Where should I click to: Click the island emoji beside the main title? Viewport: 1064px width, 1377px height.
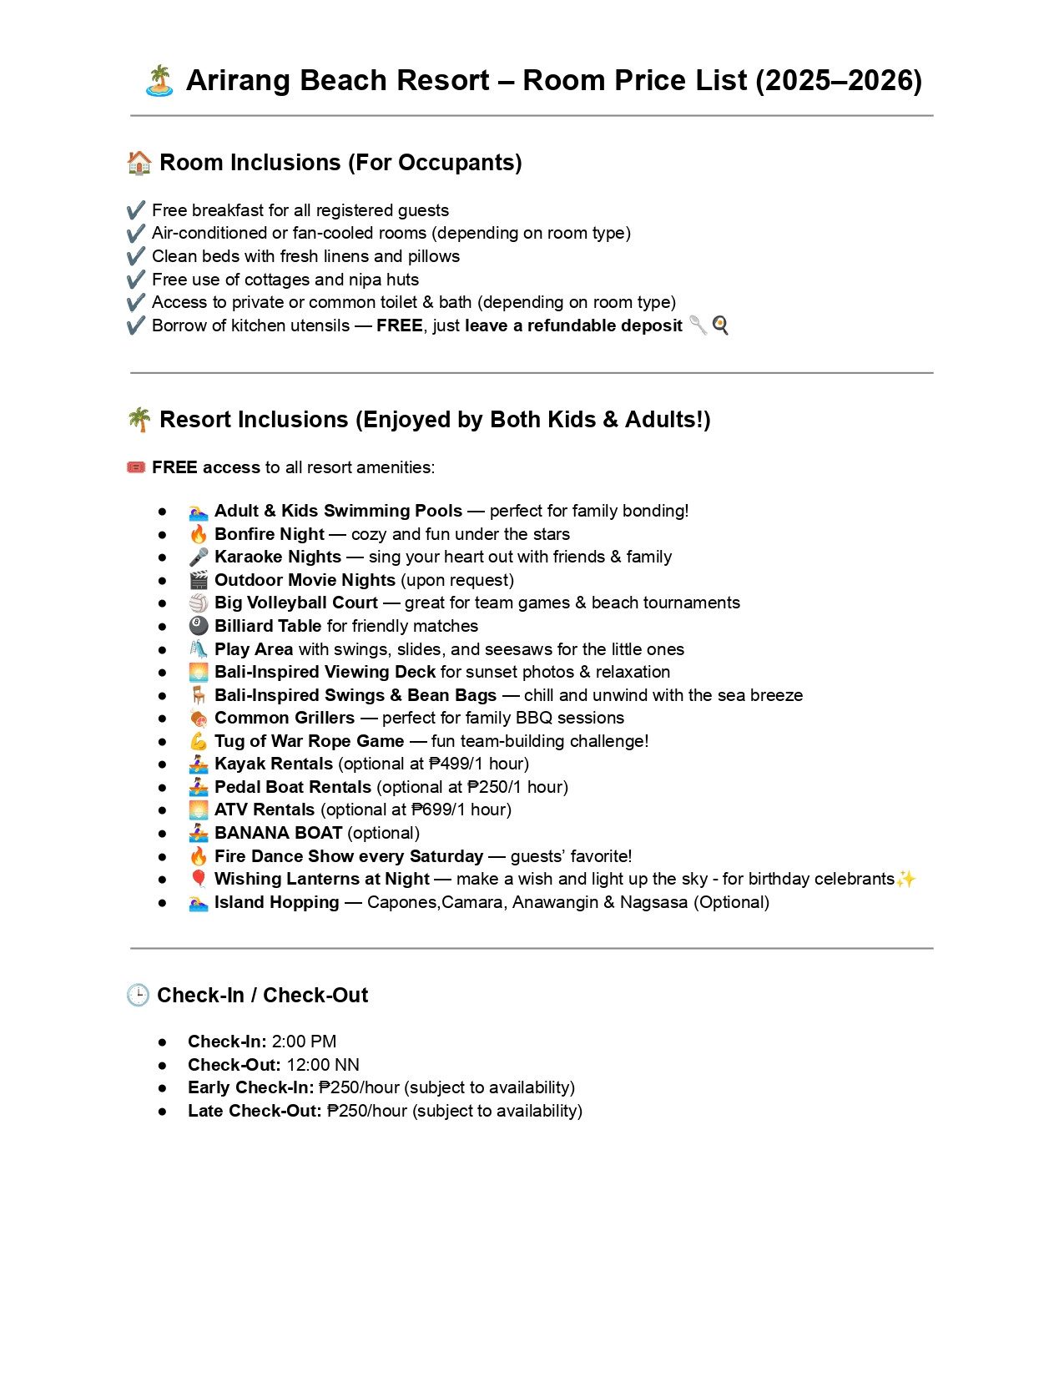point(159,81)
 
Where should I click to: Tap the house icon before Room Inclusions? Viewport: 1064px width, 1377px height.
point(139,163)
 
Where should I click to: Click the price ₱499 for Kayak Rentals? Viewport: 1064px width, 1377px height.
point(450,764)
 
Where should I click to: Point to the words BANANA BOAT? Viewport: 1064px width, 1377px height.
point(278,833)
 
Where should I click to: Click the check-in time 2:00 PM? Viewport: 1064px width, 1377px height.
point(304,1042)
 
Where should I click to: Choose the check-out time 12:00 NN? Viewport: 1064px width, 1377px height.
point(323,1065)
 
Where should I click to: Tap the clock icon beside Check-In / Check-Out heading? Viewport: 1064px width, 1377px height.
point(138,995)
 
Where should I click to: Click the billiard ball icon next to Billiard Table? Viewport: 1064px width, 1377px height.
point(199,626)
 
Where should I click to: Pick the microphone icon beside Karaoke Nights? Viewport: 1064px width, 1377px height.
point(199,557)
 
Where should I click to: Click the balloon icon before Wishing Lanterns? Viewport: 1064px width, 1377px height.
point(199,879)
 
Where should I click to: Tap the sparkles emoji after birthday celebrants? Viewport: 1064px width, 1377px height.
point(905,879)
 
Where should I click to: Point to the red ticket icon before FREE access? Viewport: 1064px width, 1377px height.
point(136,467)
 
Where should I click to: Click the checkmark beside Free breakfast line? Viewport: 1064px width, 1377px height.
point(136,210)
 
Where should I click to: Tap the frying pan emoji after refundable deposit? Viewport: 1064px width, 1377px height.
point(720,325)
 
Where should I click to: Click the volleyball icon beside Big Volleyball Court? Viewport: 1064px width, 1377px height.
point(199,603)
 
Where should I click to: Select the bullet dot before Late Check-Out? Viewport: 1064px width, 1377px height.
point(162,1112)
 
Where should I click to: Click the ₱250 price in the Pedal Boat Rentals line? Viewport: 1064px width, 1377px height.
point(486,787)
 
